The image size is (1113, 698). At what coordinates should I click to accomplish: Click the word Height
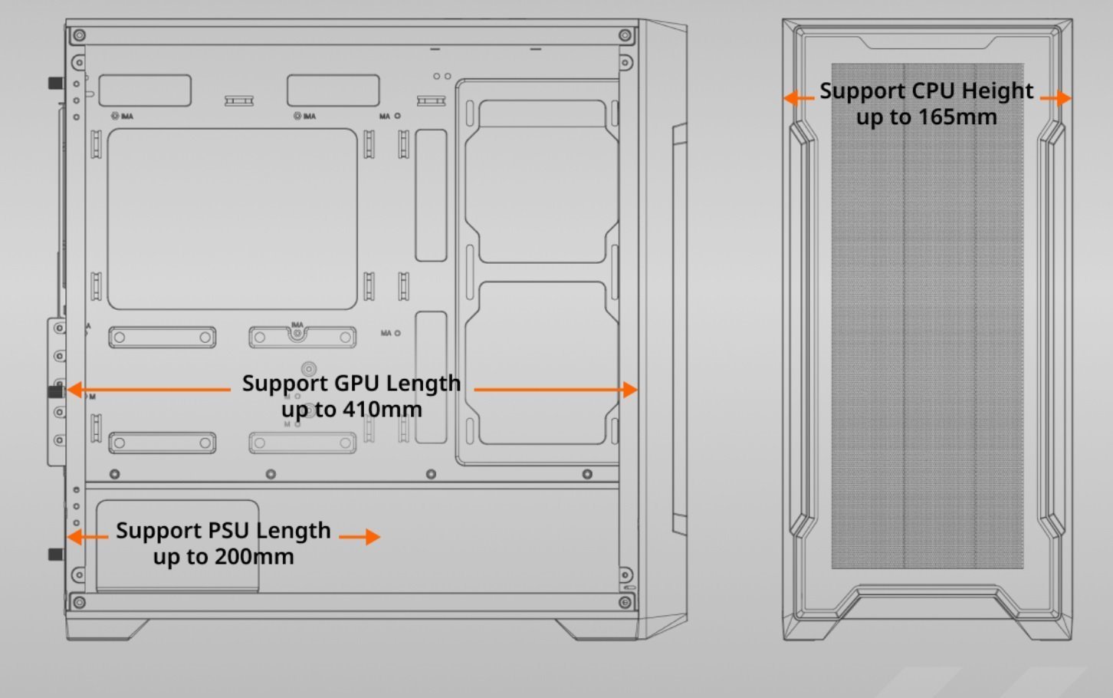click(997, 91)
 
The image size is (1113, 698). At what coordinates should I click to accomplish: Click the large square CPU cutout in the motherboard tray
click(231, 219)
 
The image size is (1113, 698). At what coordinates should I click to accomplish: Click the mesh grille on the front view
click(927, 345)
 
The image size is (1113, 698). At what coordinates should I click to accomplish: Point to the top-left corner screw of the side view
click(79, 35)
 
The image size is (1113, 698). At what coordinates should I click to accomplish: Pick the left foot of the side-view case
click(107, 629)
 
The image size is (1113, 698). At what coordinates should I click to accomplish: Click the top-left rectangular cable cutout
click(145, 91)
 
